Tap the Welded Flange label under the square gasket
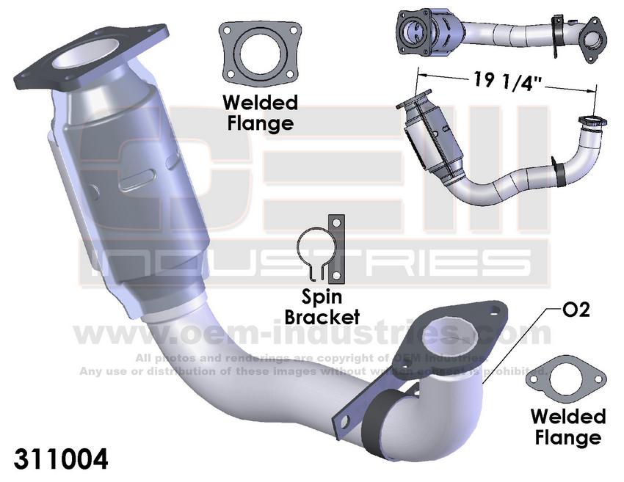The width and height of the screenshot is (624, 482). pyautogui.click(x=260, y=112)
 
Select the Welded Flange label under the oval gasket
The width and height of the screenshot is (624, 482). pyautogui.click(x=568, y=428)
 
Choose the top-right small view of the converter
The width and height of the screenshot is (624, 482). pyautogui.click(x=499, y=33)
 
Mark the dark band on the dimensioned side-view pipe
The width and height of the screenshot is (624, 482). pyautogui.click(x=561, y=172)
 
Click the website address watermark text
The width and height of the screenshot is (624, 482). pyautogui.click(x=312, y=334)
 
